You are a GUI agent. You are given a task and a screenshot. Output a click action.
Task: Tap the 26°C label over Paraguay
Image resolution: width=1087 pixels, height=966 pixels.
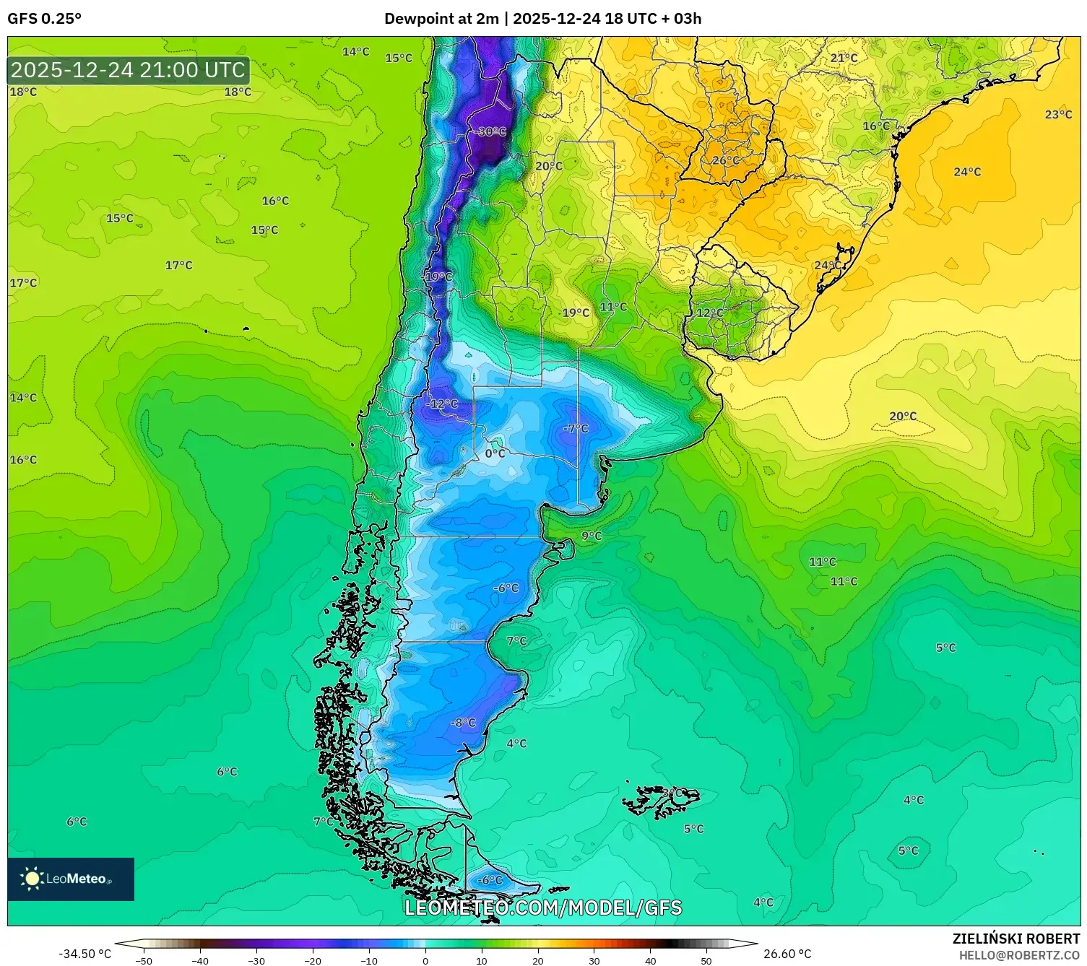pyautogui.click(x=725, y=160)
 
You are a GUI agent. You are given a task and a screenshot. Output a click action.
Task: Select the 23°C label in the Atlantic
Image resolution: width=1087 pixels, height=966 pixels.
pyautogui.click(x=1058, y=115)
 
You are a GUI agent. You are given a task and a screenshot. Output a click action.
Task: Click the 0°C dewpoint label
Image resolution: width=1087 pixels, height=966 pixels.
pyautogui.click(x=495, y=453)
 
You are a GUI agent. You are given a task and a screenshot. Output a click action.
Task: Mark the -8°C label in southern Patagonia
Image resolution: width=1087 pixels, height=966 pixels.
pyautogui.click(x=462, y=723)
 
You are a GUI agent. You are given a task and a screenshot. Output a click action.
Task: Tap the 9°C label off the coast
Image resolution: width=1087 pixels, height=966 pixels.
pyautogui.click(x=592, y=536)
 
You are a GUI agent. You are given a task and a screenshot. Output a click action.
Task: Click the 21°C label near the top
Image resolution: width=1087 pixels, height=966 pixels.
pyautogui.click(x=844, y=58)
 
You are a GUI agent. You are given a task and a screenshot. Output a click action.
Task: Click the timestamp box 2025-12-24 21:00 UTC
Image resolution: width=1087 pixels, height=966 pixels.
pyautogui.click(x=129, y=70)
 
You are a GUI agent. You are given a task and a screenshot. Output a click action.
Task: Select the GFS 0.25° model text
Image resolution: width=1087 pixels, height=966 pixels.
pyautogui.click(x=45, y=19)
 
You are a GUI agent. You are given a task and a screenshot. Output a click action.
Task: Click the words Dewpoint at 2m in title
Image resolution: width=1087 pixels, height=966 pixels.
pyautogui.click(x=441, y=19)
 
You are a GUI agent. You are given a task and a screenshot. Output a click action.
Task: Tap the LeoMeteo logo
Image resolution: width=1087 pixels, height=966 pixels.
pyautogui.click(x=71, y=879)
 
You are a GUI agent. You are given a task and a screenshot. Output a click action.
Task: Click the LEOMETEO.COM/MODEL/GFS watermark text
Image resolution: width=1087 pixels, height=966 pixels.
pyautogui.click(x=542, y=908)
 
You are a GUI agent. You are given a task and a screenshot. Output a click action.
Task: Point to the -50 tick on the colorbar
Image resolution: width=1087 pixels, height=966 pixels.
pyautogui.click(x=144, y=960)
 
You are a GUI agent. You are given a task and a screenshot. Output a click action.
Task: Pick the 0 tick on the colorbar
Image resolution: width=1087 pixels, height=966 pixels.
pyautogui.click(x=425, y=960)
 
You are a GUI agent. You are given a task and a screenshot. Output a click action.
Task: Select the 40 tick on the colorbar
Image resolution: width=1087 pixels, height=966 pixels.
pyautogui.click(x=650, y=960)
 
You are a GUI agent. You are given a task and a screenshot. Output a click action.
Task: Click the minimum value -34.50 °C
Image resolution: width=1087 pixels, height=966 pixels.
pyautogui.click(x=85, y=954)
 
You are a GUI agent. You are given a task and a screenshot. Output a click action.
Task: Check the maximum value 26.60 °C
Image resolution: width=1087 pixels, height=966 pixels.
pyautogui.click(x=787, y=954)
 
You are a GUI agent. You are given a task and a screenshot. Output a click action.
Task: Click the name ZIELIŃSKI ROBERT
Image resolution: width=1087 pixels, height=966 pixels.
pyautogui.click(x=1015, y=939)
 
